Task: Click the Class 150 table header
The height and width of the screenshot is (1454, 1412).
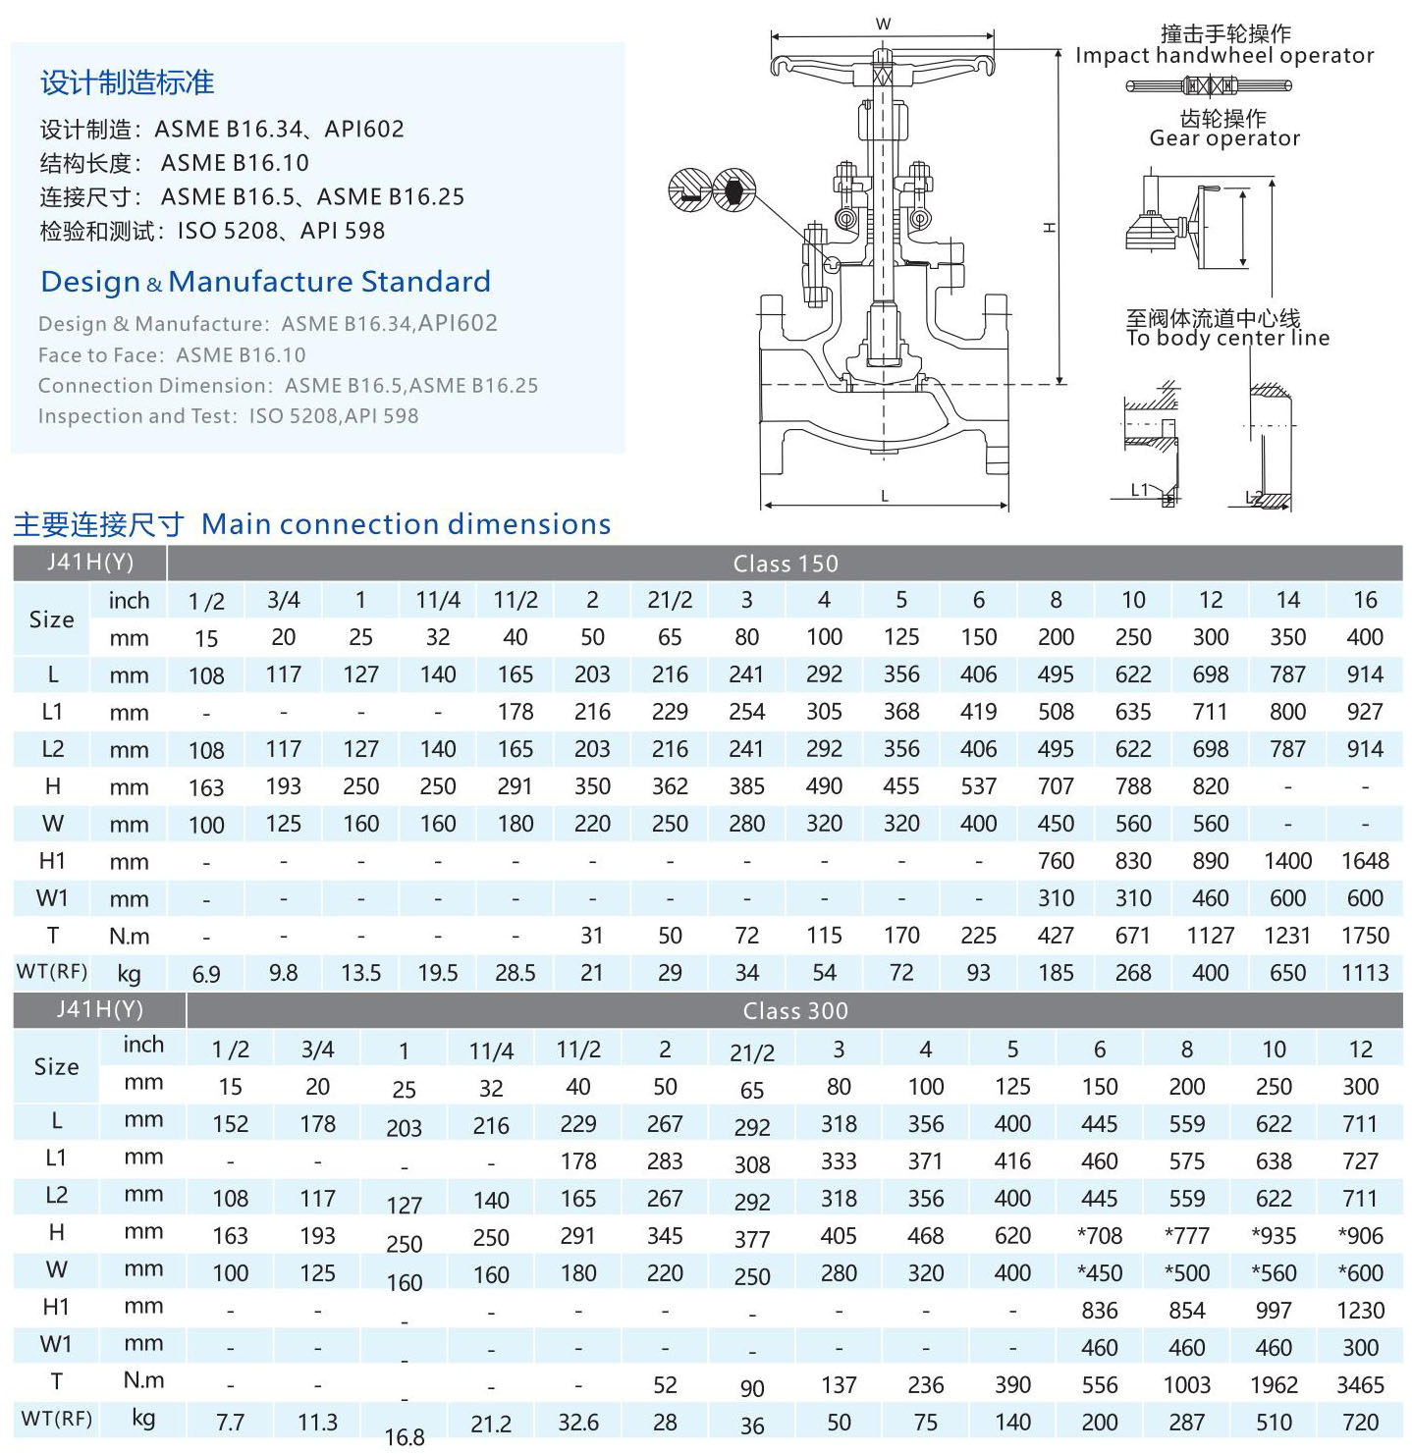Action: pos(785,564)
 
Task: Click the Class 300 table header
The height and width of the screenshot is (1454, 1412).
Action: pos(794,1010)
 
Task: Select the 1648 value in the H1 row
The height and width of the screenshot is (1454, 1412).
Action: pos(1364,861)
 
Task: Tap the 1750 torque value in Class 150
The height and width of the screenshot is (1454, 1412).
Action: pos(1364,936)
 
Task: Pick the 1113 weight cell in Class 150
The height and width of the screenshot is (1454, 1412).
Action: pos(1364,973)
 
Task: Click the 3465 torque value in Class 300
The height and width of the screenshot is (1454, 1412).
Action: pos(1360,1384)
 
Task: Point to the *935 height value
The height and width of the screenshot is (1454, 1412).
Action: pos(1274,1235)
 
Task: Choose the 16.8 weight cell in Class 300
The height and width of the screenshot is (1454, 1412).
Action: pos(405,1436)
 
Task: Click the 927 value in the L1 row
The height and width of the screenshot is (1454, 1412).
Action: pos(1364,712)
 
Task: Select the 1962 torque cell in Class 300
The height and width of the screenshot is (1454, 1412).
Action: pos(1274,1384)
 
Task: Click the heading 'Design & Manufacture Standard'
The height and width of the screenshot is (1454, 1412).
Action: pos(265,282)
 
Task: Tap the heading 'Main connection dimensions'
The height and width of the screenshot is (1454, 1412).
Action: pos(406,524)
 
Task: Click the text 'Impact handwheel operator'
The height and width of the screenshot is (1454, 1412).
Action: pos(1224,56)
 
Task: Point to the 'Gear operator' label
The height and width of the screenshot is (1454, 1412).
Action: pos(1224,138)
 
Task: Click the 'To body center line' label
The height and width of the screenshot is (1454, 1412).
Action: pos(1227,339)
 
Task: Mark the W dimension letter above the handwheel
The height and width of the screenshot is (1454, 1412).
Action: pos(883,25)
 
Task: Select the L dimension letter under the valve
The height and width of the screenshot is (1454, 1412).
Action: pos(885,496)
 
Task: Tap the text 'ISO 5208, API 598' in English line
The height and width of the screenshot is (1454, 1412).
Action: pos(334,416)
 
